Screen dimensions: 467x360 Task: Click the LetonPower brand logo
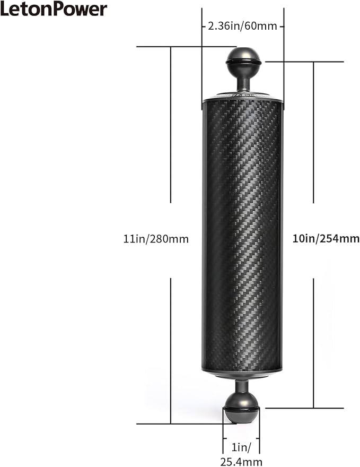click(x=54, y=9)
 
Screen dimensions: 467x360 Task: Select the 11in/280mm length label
click(x=153, y=239)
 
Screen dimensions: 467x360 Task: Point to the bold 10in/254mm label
click(x=326, y=239)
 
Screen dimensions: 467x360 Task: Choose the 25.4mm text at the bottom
click(x=241, y=462)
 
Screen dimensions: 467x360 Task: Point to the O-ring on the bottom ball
click(x=241, y=408)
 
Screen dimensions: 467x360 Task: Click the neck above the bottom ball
click(x=242, y=385)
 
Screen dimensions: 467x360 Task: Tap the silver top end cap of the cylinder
click(x=243, y=97)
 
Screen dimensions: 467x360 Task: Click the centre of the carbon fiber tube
click(x=242, y=236)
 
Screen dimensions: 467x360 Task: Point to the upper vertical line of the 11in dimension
click(x=171, y=125)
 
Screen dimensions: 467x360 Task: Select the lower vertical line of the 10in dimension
click(x=313, y=342)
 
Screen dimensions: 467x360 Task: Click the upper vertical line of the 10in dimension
click(x=313, y=133)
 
